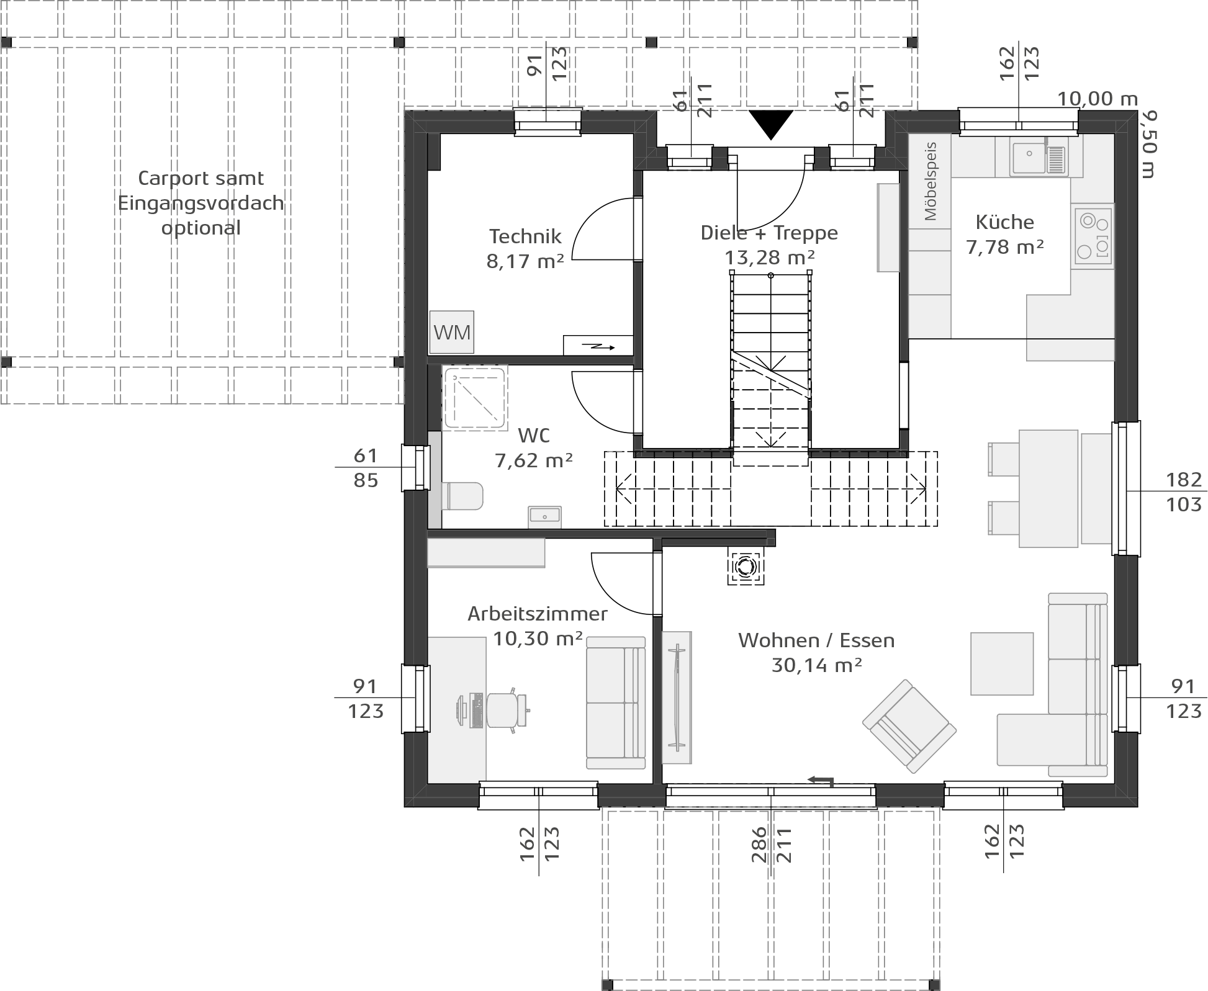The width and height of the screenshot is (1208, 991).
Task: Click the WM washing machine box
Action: [x=452, y=332]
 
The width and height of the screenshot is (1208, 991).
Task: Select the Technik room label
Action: [x=525, y=236]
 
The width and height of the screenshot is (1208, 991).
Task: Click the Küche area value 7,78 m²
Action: [x=1005, y=247]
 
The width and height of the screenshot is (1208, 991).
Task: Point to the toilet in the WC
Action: [x=462, y=496]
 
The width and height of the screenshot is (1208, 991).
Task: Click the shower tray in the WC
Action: [x=476, y=398]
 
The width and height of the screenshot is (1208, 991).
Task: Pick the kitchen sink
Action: [x=1039, y=157]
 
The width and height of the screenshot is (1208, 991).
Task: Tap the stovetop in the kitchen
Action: [x=1093, y=236]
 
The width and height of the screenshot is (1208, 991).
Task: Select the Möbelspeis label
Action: [x=930, y=181]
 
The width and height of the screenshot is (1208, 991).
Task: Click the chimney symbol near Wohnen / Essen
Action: [x=746, y=566]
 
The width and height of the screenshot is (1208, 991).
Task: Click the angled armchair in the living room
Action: [x=909, y=726]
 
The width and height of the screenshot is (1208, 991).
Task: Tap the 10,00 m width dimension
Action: [x=1098, y=99]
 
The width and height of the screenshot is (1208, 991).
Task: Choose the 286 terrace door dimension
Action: [x=759, y=844]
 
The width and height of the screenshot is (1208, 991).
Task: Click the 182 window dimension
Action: [x=1184, y=479]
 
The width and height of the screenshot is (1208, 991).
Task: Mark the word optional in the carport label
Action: [x=201, y=228]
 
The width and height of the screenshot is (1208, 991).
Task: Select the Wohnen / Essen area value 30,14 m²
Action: [x=816, y=665]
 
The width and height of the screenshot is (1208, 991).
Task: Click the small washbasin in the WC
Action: [x=544, y=516]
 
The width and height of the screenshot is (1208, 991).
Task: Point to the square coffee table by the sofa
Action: [x=1002, y=663]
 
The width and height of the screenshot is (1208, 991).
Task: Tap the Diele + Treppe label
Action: [x=769, y=233]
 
